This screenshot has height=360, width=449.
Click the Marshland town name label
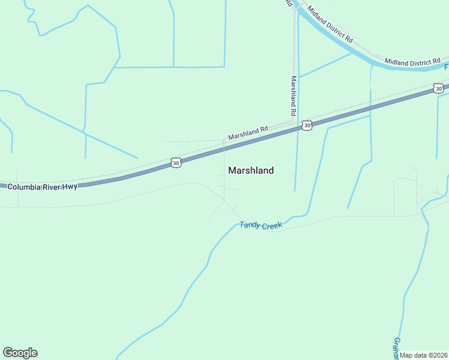251,170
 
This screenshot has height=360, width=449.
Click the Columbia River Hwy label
42,187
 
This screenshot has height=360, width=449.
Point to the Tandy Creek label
261,226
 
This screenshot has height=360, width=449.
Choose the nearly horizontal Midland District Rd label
413,61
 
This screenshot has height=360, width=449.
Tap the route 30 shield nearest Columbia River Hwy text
175,163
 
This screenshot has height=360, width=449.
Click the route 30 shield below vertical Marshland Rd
307,125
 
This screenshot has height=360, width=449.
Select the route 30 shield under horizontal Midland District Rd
439,89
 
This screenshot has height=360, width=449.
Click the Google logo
20,353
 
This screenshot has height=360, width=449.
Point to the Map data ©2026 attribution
424,355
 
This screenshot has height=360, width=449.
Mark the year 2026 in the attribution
439,355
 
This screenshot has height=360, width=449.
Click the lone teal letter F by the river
447,67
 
